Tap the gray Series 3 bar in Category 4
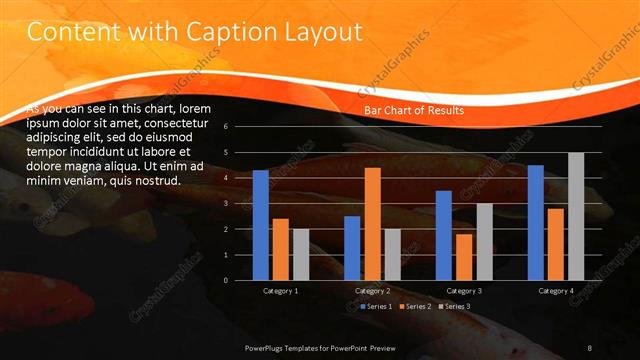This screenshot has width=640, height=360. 576,216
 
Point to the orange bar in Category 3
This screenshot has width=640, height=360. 464,257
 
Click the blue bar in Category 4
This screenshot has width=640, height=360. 536,222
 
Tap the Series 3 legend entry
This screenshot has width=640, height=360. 456,306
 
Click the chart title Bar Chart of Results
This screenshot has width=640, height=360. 413,111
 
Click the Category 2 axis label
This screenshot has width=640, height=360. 372,291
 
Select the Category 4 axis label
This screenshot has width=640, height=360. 556,291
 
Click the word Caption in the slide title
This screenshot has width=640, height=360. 214,33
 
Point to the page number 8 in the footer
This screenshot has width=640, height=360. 590,346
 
